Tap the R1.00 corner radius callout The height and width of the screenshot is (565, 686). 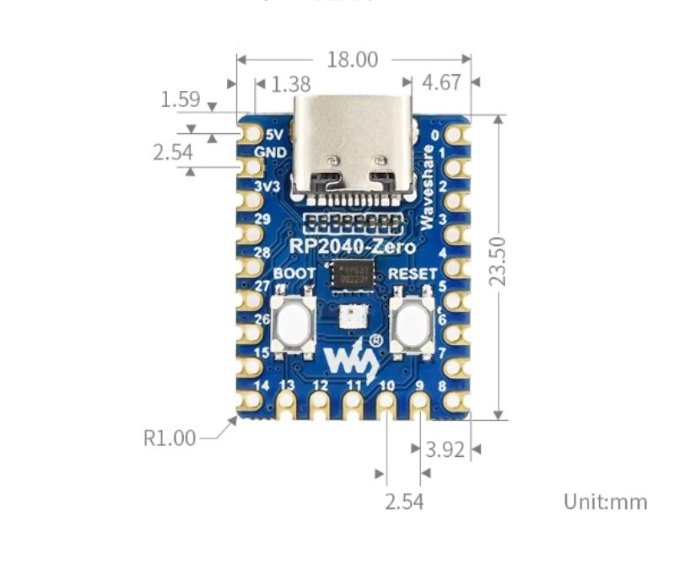(x=170, y=438)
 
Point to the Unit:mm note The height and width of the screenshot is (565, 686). (x=605, y=502)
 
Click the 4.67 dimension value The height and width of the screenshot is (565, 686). (x=440, y=83)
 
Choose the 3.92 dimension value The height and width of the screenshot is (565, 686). (x=445, y=449)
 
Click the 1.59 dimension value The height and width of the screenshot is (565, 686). (x=180, y=100)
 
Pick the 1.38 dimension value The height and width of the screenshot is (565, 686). (x=292, y=84)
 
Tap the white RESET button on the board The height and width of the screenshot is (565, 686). (x=412, y=325)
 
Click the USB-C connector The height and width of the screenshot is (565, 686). (x=354, y=148)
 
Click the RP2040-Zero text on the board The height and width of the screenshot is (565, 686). (x=353, y=246)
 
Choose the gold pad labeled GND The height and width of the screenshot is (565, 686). (x=251, y=167)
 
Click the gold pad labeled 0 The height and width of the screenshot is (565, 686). (x=456, y=134)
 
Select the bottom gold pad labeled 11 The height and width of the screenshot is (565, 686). (x=354, y=403)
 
